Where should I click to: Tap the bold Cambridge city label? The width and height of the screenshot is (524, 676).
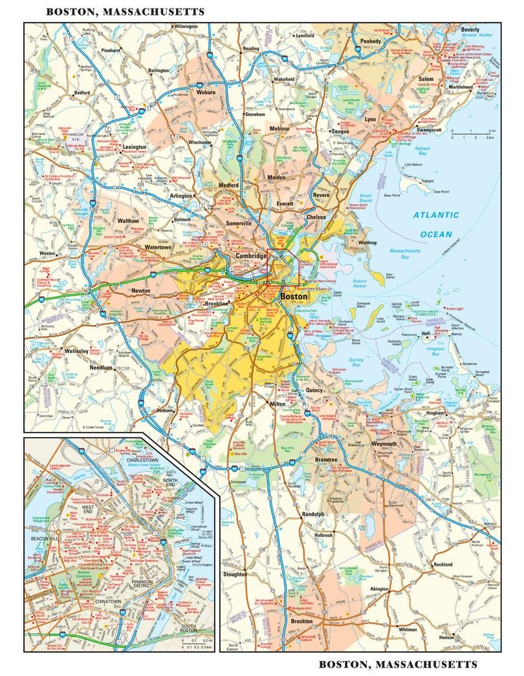(x=250, y=257)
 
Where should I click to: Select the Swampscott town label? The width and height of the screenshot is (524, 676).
(x=428, y=130)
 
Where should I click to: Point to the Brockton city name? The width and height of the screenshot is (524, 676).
(x=301, y=621)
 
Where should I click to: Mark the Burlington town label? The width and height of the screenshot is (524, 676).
(x=158, y=70)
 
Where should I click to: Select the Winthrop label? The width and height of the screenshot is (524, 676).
(x=367, y=243)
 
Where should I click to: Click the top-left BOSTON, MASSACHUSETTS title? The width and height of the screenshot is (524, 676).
(x=126, y=12)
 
